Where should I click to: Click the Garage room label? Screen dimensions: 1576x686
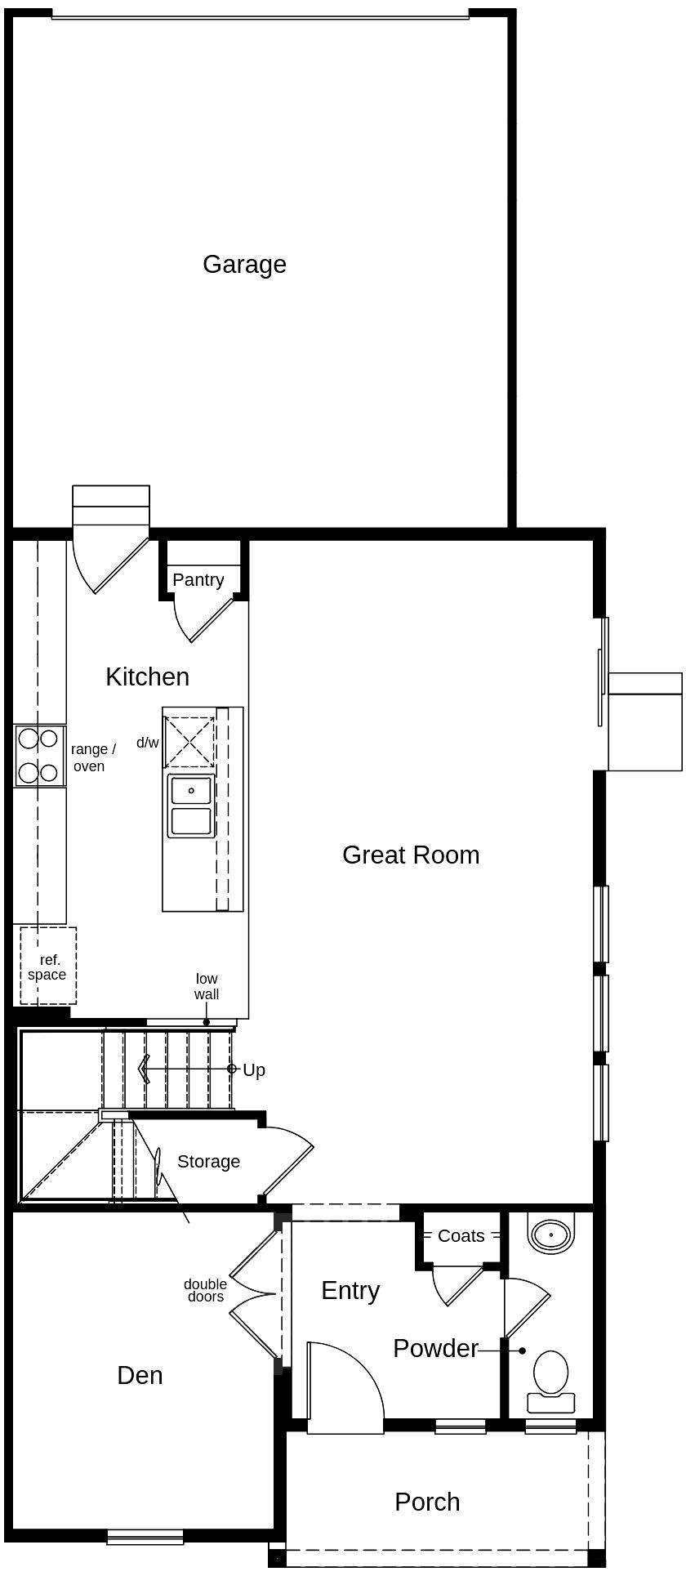(x=244, y=265)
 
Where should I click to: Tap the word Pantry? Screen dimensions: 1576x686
(x=198, y=580)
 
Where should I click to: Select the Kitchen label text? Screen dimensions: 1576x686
(x=147, y=676)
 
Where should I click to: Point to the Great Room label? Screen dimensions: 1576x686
(x=411, y=855)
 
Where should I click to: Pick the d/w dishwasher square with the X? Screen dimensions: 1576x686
(x=189, y=742)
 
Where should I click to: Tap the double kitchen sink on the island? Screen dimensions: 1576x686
(x=191, y=806)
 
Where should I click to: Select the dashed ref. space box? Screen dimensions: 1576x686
(x=48, y=966)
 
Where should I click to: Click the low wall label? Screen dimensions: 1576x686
(x=207, y=986)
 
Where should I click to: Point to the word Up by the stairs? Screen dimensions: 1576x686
(x=254, y=1070)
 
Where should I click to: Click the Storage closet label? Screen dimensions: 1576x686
(x=208, y=1162)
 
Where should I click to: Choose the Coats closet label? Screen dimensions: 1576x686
(x=461, y=1236)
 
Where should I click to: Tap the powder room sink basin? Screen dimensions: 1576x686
(x=551, y=1234)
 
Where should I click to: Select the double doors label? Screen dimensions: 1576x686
(x=205, y=1290)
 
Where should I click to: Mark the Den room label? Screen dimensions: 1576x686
(x=140, y=1375)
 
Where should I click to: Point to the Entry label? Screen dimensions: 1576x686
(x=350, y=1291)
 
